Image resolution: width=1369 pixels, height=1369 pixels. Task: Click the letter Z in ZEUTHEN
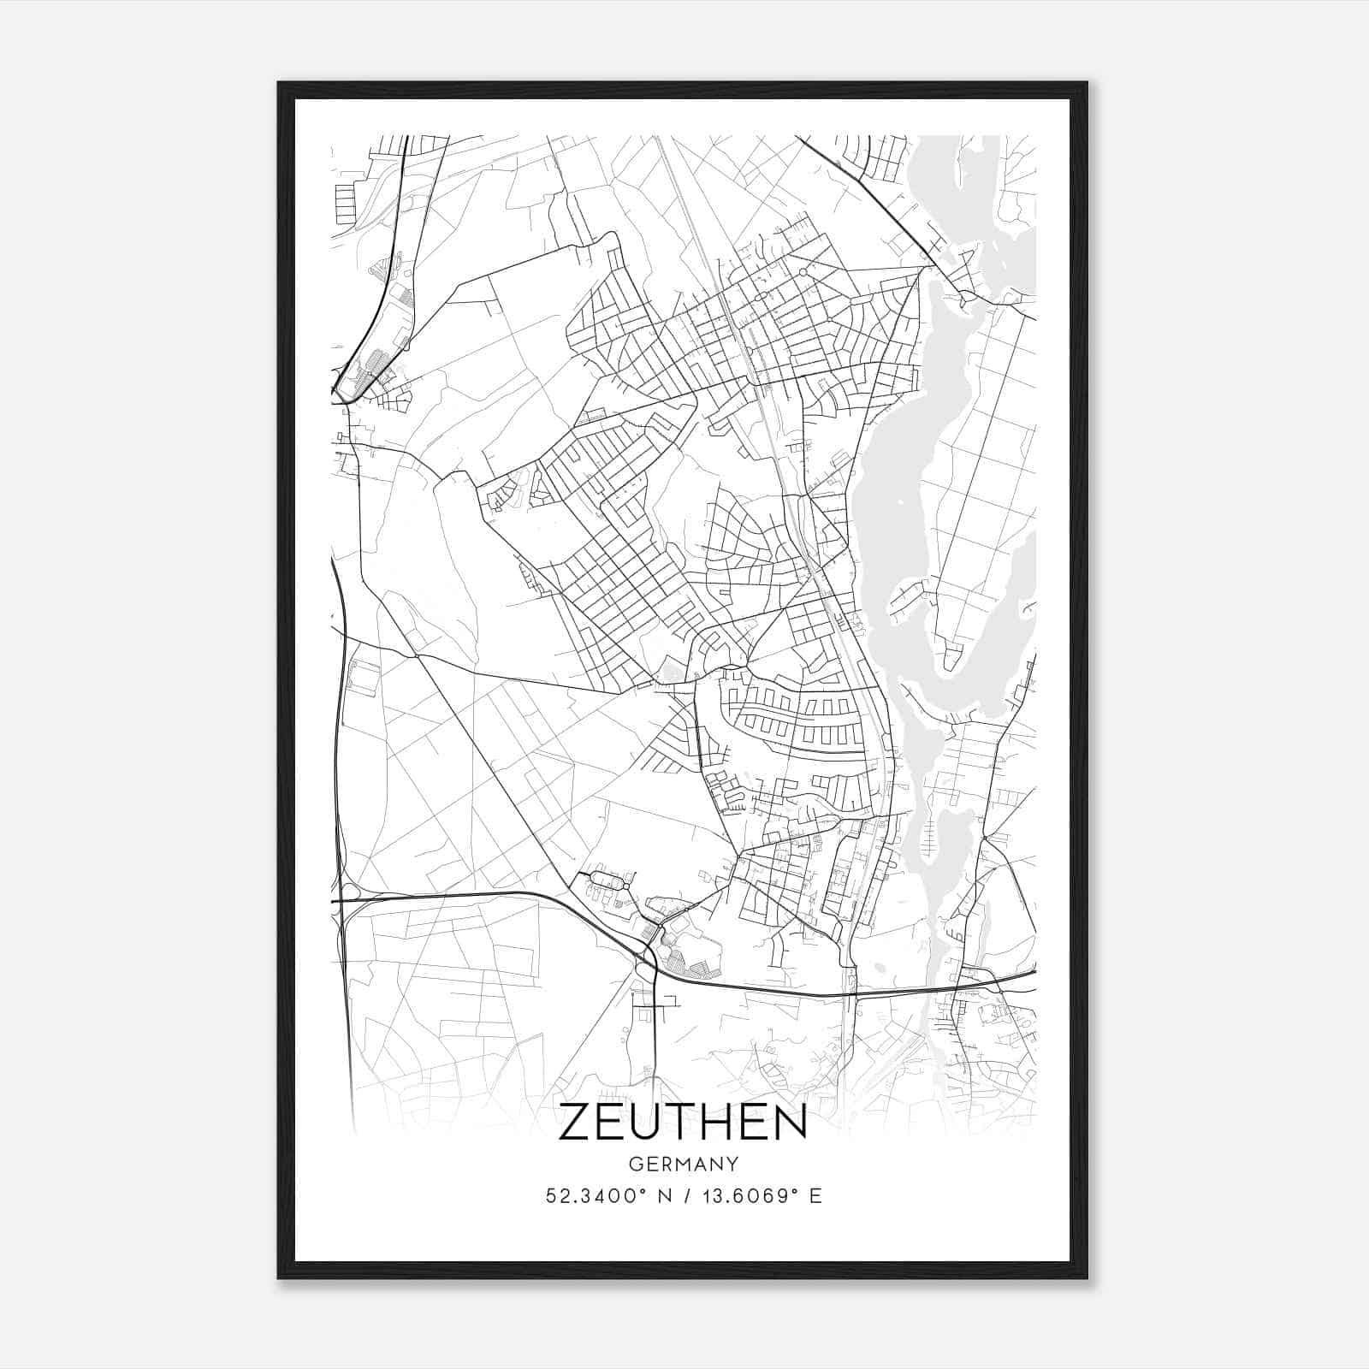[575, 1123]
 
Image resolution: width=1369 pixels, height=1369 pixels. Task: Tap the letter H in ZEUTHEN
[726, 1123]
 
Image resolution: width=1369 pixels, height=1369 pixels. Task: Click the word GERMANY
[683, 1165]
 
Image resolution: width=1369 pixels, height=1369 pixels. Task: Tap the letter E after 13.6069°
[815, 1196]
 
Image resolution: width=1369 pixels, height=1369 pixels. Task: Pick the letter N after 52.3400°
[660, 1196]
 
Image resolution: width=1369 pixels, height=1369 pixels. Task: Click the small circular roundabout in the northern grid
[803, 272]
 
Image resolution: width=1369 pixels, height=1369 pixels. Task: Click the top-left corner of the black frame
[279, 83]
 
